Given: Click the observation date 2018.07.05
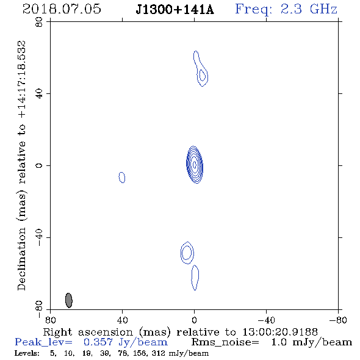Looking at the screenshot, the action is (x=62, y=9).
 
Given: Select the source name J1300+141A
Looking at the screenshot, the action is (x=175, y=9).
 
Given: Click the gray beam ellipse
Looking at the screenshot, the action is (x=69, y=300).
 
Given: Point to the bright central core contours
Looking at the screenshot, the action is (x=195, y=164).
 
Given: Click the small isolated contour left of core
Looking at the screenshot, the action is (x=122, y=177).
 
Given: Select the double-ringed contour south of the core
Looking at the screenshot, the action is (x=187, y=253).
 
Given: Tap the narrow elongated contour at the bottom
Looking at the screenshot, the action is (x=195, y=278).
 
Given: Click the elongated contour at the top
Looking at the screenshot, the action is (x=200, y=68).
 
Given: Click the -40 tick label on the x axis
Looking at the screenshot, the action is (x=266, y=320).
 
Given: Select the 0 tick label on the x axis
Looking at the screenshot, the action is (x=195, y=320).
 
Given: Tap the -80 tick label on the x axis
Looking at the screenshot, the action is (x=338, y=320).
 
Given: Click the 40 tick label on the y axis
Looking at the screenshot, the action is (x=39, y=94).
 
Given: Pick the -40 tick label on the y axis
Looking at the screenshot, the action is (x=39, y=237).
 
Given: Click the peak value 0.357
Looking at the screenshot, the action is (x=98, y=342).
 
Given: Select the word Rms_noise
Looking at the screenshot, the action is (x=226, y=342).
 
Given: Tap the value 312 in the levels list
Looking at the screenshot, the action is (x=158, y=353).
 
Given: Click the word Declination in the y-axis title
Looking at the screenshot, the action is (x=21, y=259).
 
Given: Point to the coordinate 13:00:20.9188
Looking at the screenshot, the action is (x=280, y=332).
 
